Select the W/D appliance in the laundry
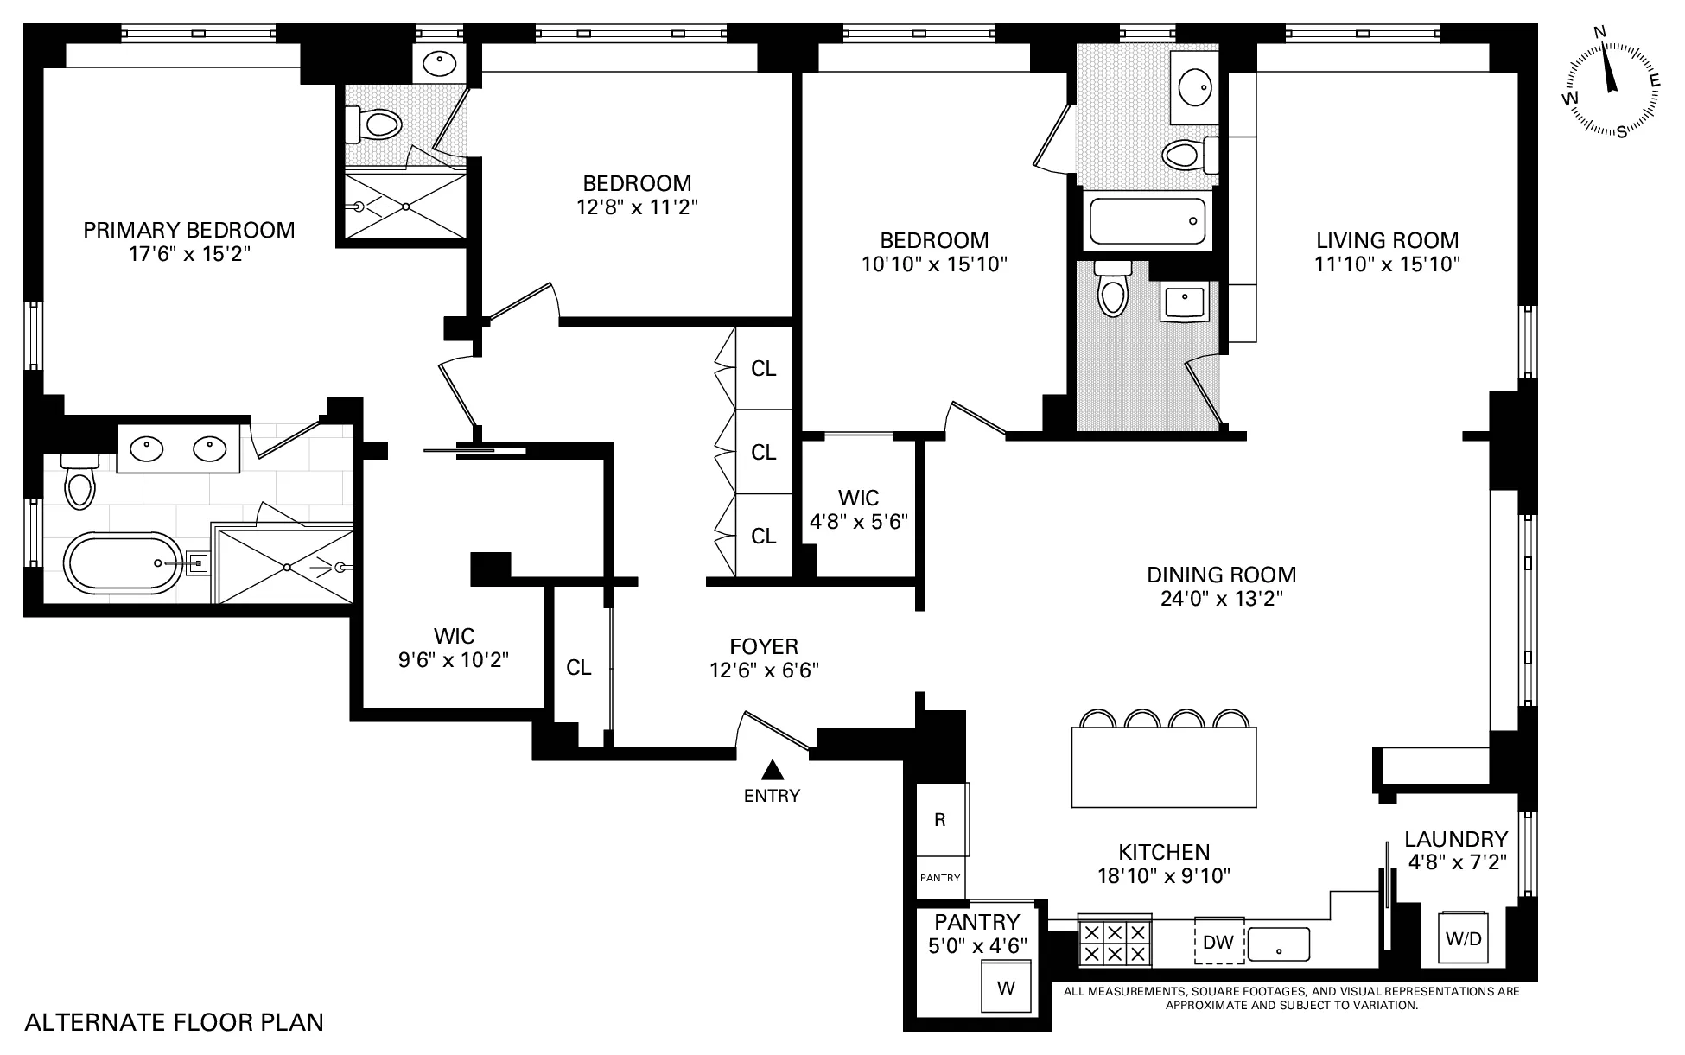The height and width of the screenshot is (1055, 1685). click(x=1463, y=938)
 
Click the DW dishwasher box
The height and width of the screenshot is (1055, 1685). click(x=1218, y=941)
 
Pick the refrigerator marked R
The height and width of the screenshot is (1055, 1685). click(x=940, y=819)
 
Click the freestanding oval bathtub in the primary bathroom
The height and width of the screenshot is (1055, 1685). click(x=124, y=562)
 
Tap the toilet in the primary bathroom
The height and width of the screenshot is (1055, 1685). click(x=79, y=482)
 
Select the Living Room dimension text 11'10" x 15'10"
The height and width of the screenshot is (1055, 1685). click(x=1387, y=264)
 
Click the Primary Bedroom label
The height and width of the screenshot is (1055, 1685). click(x=188, y=230)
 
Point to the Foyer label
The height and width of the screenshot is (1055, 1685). click(x=764, y=646)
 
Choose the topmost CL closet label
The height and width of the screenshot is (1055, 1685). click(x=763, y=369)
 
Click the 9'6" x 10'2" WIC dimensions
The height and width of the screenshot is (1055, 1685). click(x=454, y=660)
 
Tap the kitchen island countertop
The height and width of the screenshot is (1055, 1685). click(x=1163, y=767)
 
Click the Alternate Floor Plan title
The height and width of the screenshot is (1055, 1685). click(x=175, y=1023)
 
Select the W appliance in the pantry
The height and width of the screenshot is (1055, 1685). click(x=1006, y=988)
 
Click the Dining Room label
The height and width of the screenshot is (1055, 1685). click(x=1221, y=575)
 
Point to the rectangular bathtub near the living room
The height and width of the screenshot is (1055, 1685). click(x=1148, y=220)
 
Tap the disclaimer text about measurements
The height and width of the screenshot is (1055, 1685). click(x=1291, y=998)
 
